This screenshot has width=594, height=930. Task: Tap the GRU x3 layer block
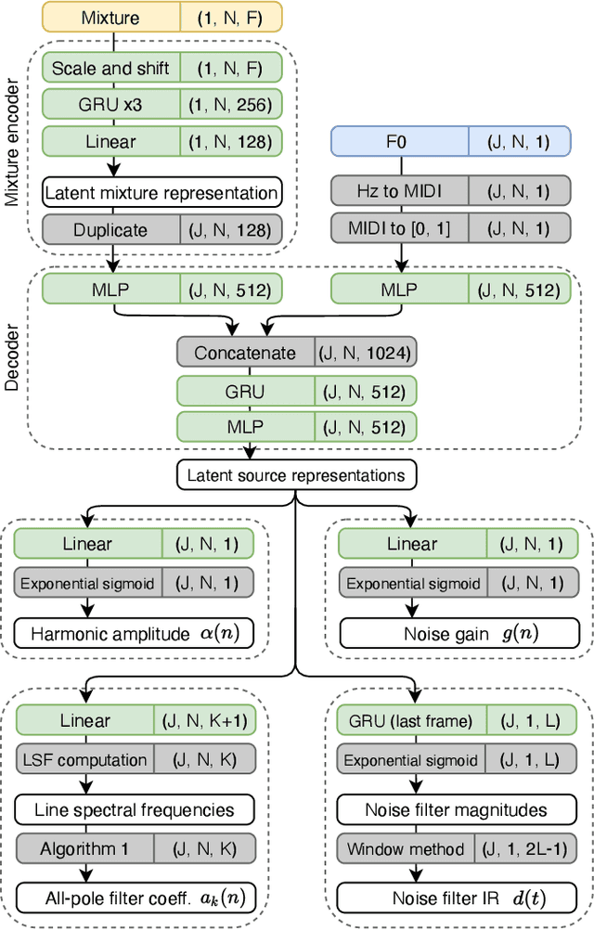[x=112, y=105]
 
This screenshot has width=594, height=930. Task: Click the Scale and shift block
[x=112, y=68]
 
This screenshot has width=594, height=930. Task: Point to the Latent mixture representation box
[x=161, y=193]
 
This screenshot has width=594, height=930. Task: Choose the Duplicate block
[x=112, y=229]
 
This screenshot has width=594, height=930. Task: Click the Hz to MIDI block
[x=399, y=192]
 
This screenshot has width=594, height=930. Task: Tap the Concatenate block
[x=246, y=352]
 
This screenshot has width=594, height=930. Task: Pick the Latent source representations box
[x=296, y=475]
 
